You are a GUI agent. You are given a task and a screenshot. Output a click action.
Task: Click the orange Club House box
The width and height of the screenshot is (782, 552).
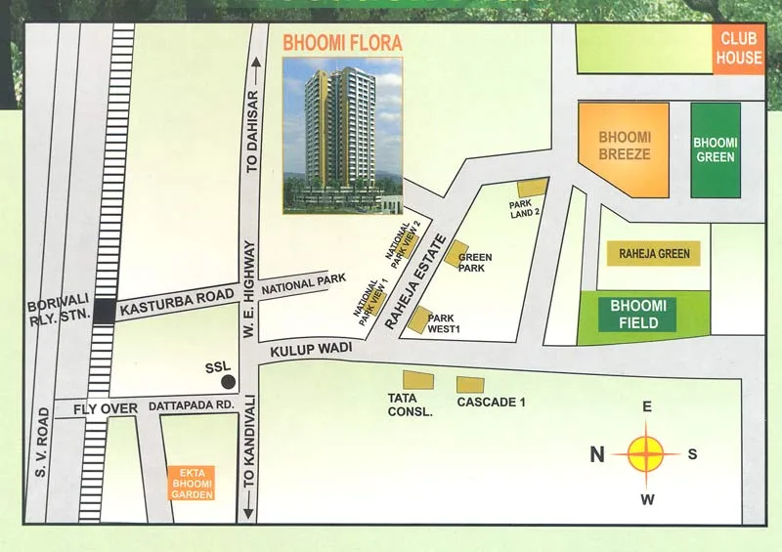(739, 50)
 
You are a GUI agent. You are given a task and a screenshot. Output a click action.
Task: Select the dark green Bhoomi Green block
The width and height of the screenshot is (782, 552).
(716, 149)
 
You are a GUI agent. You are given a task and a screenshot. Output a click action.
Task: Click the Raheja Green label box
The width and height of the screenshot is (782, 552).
(654, 254)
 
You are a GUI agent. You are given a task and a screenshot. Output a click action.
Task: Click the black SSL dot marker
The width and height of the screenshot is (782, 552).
(228, 382)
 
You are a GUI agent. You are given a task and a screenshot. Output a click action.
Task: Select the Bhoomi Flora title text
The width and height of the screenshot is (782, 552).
(341, 43)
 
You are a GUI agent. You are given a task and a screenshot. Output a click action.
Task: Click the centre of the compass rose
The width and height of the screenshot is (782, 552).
(645, 453)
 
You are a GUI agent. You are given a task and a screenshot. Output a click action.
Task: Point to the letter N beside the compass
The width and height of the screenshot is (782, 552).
(597, 453)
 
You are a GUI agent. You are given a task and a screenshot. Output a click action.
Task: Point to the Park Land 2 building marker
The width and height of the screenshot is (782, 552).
(532, 188)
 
